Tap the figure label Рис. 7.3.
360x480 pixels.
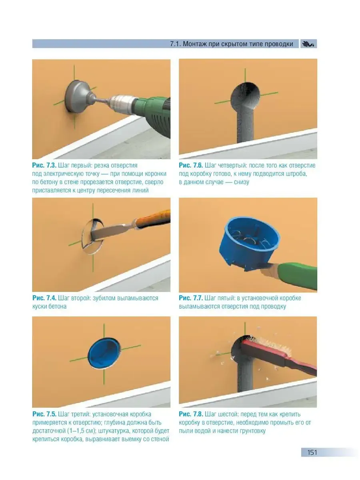[x=44, y=165]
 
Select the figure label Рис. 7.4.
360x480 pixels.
[x=44, y=298]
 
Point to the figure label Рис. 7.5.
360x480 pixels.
[x=44, y=414]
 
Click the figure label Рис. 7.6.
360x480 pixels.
[x=191, y=165]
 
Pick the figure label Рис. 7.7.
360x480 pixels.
[x=191, y=298]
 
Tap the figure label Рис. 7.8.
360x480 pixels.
[x=191, y=414]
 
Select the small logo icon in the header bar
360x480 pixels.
[x=308, y=44]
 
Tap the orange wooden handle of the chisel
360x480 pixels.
[x=153, y=219]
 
